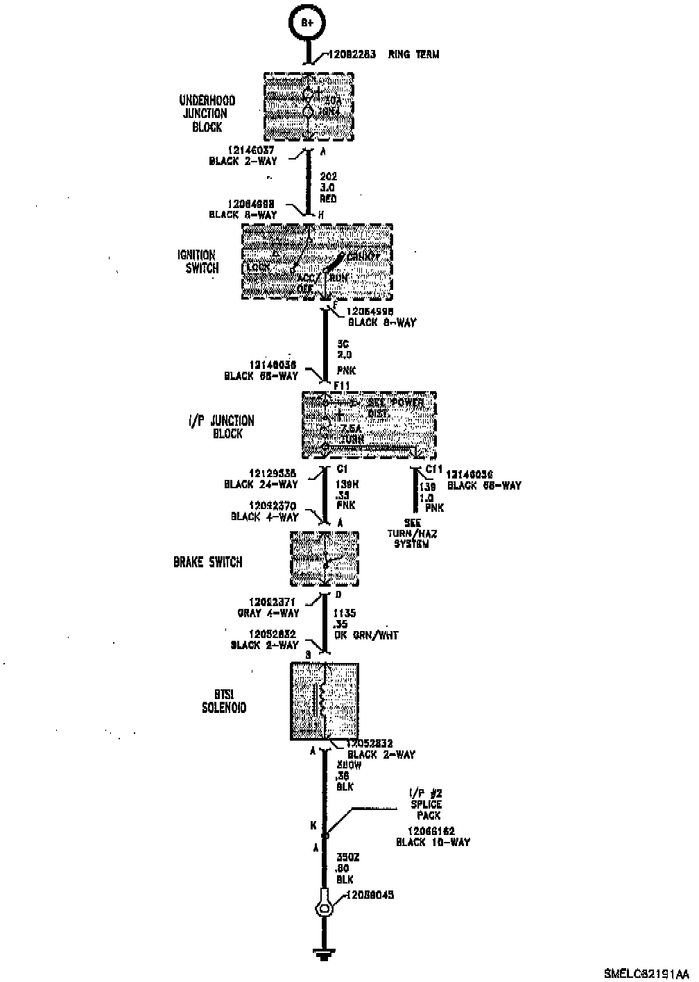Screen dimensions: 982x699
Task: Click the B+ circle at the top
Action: (307, 22)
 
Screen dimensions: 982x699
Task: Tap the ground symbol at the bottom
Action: (322, 956)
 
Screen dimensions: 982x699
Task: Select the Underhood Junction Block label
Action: (207, 114)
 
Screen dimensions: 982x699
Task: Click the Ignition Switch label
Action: (200, 261)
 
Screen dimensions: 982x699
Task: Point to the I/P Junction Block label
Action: (221, 427)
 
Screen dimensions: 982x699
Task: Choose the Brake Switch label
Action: (208, 562)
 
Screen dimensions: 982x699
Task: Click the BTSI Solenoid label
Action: (223, 702)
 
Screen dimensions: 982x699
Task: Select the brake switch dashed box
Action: (325, 559)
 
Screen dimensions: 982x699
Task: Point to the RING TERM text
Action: (413, 54)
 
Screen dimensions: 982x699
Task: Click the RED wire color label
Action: (328, 199)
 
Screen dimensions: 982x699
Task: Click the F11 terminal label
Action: (343, 385)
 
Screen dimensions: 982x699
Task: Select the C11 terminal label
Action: (433, 470)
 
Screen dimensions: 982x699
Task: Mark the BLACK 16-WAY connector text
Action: (433, 843)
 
